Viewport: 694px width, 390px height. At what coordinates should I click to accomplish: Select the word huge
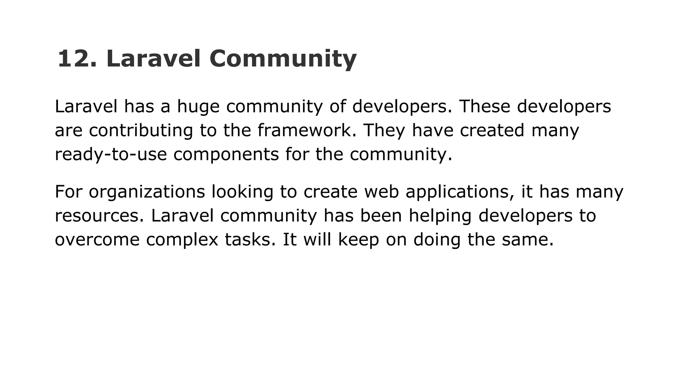point(198,107)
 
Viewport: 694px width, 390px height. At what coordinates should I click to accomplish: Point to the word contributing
point(141,130)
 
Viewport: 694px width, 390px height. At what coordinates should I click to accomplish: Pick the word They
point(384,130)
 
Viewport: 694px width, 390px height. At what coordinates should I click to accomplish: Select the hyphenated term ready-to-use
point(111,154)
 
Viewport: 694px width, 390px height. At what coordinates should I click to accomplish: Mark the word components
point(226,154)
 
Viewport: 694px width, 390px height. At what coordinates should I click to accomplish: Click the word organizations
point(147,192)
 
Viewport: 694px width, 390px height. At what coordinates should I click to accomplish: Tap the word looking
point(242,192)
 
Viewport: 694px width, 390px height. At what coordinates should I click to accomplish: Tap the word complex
point(182,240)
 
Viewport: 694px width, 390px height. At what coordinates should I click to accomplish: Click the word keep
point(359,240)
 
